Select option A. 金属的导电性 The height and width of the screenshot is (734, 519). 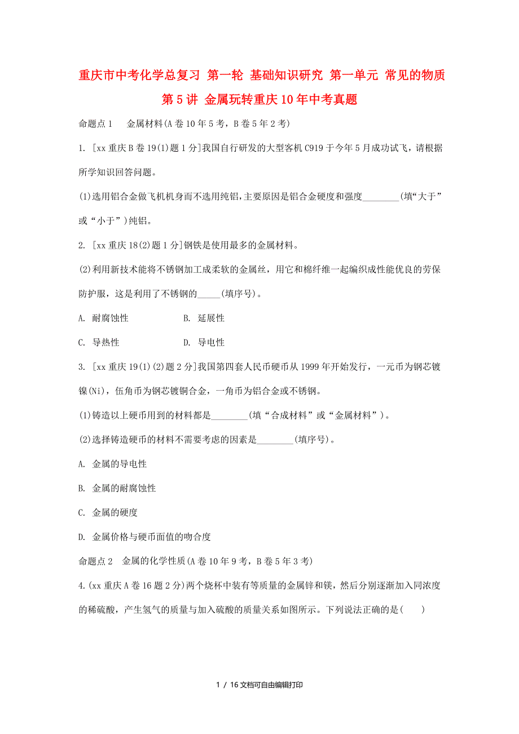pos(113,464)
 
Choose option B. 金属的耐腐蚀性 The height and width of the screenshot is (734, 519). pos(117,488)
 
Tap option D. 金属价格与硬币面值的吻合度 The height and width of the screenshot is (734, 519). pos(144,537)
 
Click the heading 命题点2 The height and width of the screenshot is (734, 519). pos(96,561)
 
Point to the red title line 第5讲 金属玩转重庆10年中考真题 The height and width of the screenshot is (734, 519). pos(259,100)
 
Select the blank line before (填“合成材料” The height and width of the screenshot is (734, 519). pos(229,416)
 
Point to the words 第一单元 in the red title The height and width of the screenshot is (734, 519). pos(355,76)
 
